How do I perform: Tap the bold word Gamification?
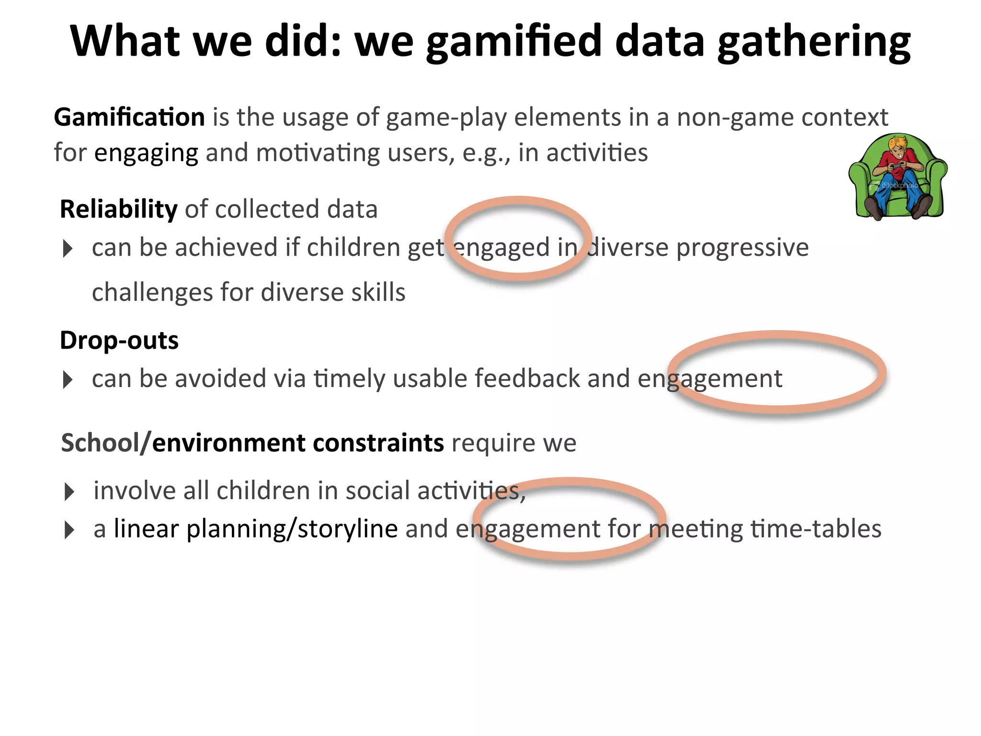pyautogui.click(x=129, y=117)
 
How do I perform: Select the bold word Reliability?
pyautogui.click(x=118, y=209)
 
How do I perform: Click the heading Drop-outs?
pyautogui.click(x=119, y=341)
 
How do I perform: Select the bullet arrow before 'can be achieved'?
pyautogui.click(x=68, y=249)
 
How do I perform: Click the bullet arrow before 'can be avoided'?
pyautogui.click(x=68, y=380)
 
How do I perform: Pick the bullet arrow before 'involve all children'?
pyautogui.click(x=69, y=492)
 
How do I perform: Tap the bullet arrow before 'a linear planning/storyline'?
pyautogui.click(x=69, y=530)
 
